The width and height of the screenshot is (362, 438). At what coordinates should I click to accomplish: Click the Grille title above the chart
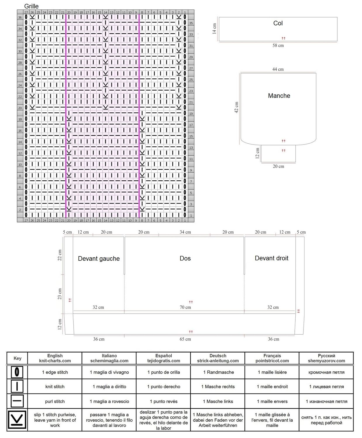click(x=31, y=6)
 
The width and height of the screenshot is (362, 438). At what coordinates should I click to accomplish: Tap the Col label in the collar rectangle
click(x=278, y=23)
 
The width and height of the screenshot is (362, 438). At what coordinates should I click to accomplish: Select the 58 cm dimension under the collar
click(x=278, y=45)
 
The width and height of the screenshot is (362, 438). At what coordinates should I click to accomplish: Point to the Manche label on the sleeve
click(x=279, y=96)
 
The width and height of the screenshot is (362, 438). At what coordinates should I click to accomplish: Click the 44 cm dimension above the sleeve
click(x=278, y=69)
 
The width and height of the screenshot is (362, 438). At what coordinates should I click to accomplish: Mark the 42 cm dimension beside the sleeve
click(x=236, y=107)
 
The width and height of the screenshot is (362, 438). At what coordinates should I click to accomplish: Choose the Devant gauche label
click(x=99, y=258)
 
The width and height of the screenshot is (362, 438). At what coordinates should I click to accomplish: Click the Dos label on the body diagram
click(x=185, y=258)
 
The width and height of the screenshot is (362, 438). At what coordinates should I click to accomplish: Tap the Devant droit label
click(x=271, y=258)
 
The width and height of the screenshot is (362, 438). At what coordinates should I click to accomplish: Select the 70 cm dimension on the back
click(x=185, y=307)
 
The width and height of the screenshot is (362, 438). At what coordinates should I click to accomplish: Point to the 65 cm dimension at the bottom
click(x=185, y=339)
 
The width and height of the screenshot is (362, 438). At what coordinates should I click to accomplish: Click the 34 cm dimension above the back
click(x=185, y=232)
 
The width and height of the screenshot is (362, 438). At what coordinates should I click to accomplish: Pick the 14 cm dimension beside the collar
click(x=214, y=29)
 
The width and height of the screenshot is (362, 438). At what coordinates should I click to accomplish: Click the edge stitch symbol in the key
click(x=17, y=372)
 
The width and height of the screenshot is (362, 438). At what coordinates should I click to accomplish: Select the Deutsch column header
click(x=218, y=358)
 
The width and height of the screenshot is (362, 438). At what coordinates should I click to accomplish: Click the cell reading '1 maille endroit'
click(x=272, y=387)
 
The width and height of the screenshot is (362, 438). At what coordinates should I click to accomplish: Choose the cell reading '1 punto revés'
click(x=164, y=401)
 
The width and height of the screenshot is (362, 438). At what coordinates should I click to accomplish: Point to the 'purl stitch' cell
click(x=55, y=401)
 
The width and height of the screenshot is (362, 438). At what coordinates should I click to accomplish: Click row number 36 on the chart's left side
click(x=20, y=18)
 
